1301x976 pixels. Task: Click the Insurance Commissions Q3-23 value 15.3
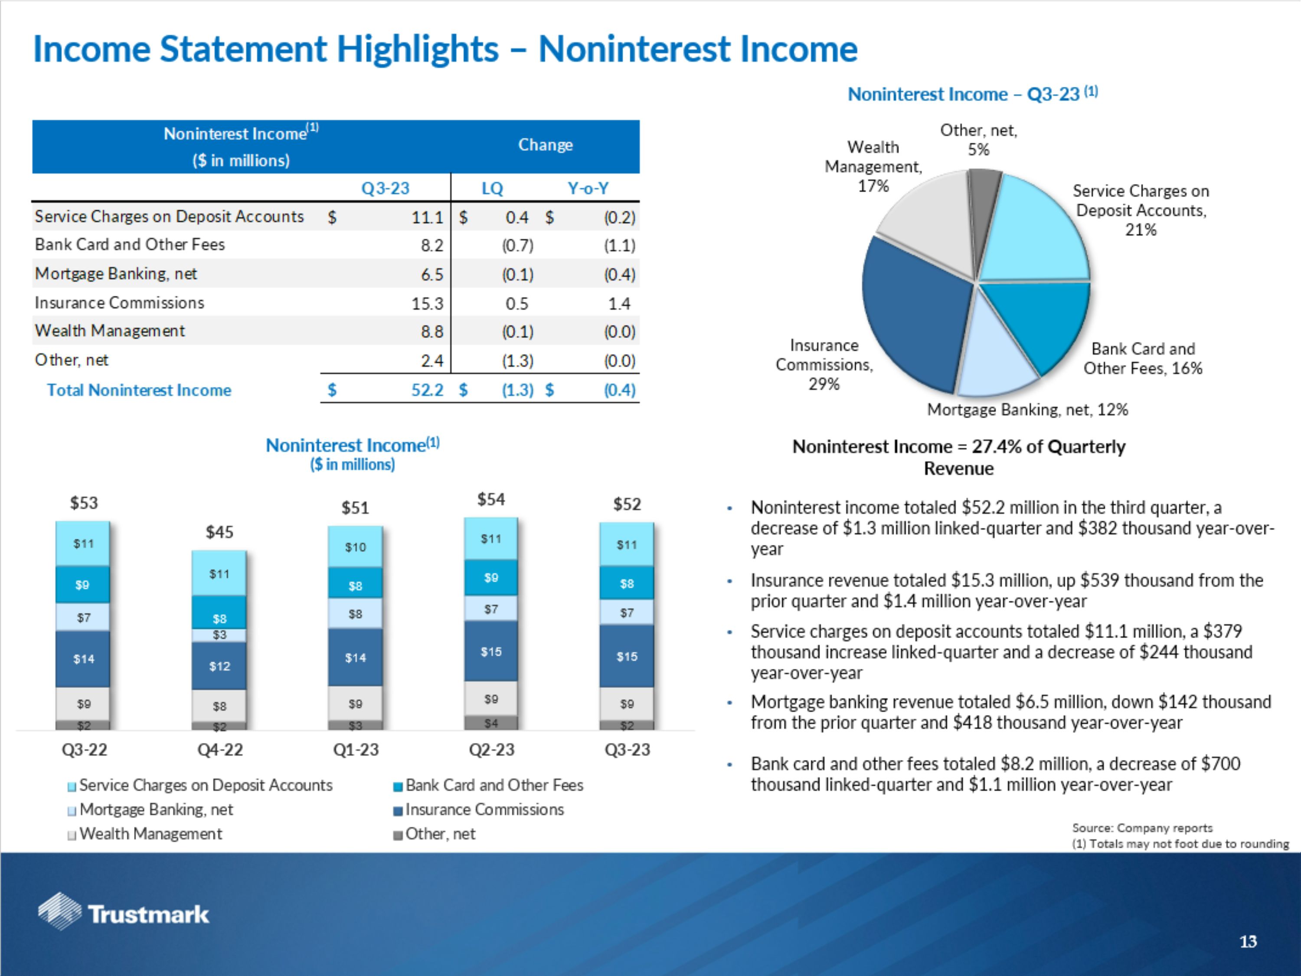[x=427, y=304]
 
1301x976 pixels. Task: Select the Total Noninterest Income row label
[x=139, y=390]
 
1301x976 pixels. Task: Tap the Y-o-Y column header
[x=588, y=188]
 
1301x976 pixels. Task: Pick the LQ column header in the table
[x=492, y=188]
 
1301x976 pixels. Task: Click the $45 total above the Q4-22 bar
[x=219, y=532]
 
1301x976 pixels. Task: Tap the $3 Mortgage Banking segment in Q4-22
[x=219, y=635]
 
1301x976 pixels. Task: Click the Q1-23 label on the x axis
[x=356, y=750]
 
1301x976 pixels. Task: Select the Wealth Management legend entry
[x=150, y=834]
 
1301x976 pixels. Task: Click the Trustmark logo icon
[x=59, y=911]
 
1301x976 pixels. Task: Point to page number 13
[x=1248, y=942]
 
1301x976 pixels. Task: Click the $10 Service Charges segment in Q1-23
[x=355, y=547]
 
